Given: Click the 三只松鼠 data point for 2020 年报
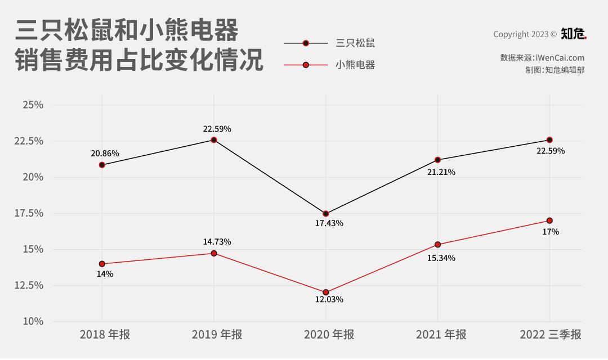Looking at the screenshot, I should tap(325, 214).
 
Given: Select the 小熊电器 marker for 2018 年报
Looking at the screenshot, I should tap(102, 264).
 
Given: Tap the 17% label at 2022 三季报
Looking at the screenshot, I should tap(551, 232).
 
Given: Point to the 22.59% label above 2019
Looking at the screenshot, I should tap(217, 129).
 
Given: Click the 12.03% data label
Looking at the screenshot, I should tap(329, 299).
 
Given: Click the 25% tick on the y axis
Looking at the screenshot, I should tap(33, 105).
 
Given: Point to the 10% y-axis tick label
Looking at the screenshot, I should tap(33, 321).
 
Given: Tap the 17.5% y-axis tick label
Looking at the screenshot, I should tap(29, 213).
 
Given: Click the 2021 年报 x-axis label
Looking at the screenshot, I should tap(441, 335).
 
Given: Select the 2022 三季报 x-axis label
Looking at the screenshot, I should tap(550, 335).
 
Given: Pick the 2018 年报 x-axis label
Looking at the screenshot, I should tap(105, 335).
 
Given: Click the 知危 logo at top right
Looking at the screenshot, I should tap(573, 34).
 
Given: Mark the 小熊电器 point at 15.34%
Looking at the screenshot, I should tap(438, 245).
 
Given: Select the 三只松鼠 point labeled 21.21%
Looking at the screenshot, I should tap(438, 160).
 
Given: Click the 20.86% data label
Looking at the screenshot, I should tap(105, 154).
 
